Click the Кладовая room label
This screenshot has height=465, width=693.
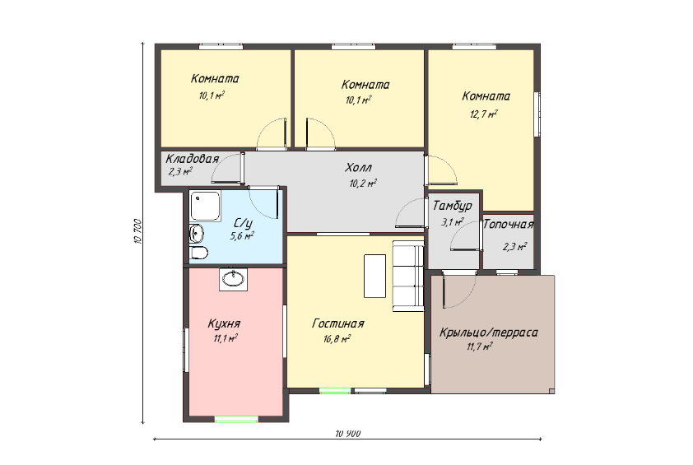(x=193, y=159)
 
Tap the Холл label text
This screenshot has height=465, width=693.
(x=358, y=168)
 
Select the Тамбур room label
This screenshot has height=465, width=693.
(x=452, y=206)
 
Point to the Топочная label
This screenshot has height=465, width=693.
(x=509, y=225)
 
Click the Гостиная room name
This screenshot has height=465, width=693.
(x=338, y=323)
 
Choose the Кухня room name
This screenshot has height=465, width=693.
(x=224, y=324)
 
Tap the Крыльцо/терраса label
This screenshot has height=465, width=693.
(x=488, y=332)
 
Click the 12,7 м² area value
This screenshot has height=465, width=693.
(x=483, y=114)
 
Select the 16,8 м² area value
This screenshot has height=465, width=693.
(x=337, y=339)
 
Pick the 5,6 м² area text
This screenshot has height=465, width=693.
(x=242, y=236)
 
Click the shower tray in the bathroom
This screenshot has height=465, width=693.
(x=206, y=206)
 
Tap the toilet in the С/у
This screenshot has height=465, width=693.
(x=198, y=253)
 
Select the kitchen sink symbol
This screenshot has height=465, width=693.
(x=233, y=279)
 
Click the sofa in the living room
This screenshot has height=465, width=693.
(x=408, y=276)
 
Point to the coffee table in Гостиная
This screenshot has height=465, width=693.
(x=374, y=276)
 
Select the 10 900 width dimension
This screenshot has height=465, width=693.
(x=348, y=434)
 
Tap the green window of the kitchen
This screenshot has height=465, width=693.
(x=236, y=419)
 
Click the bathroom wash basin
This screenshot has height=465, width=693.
(x=196, y=234)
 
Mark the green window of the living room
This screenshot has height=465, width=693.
(x=335, y=390)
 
